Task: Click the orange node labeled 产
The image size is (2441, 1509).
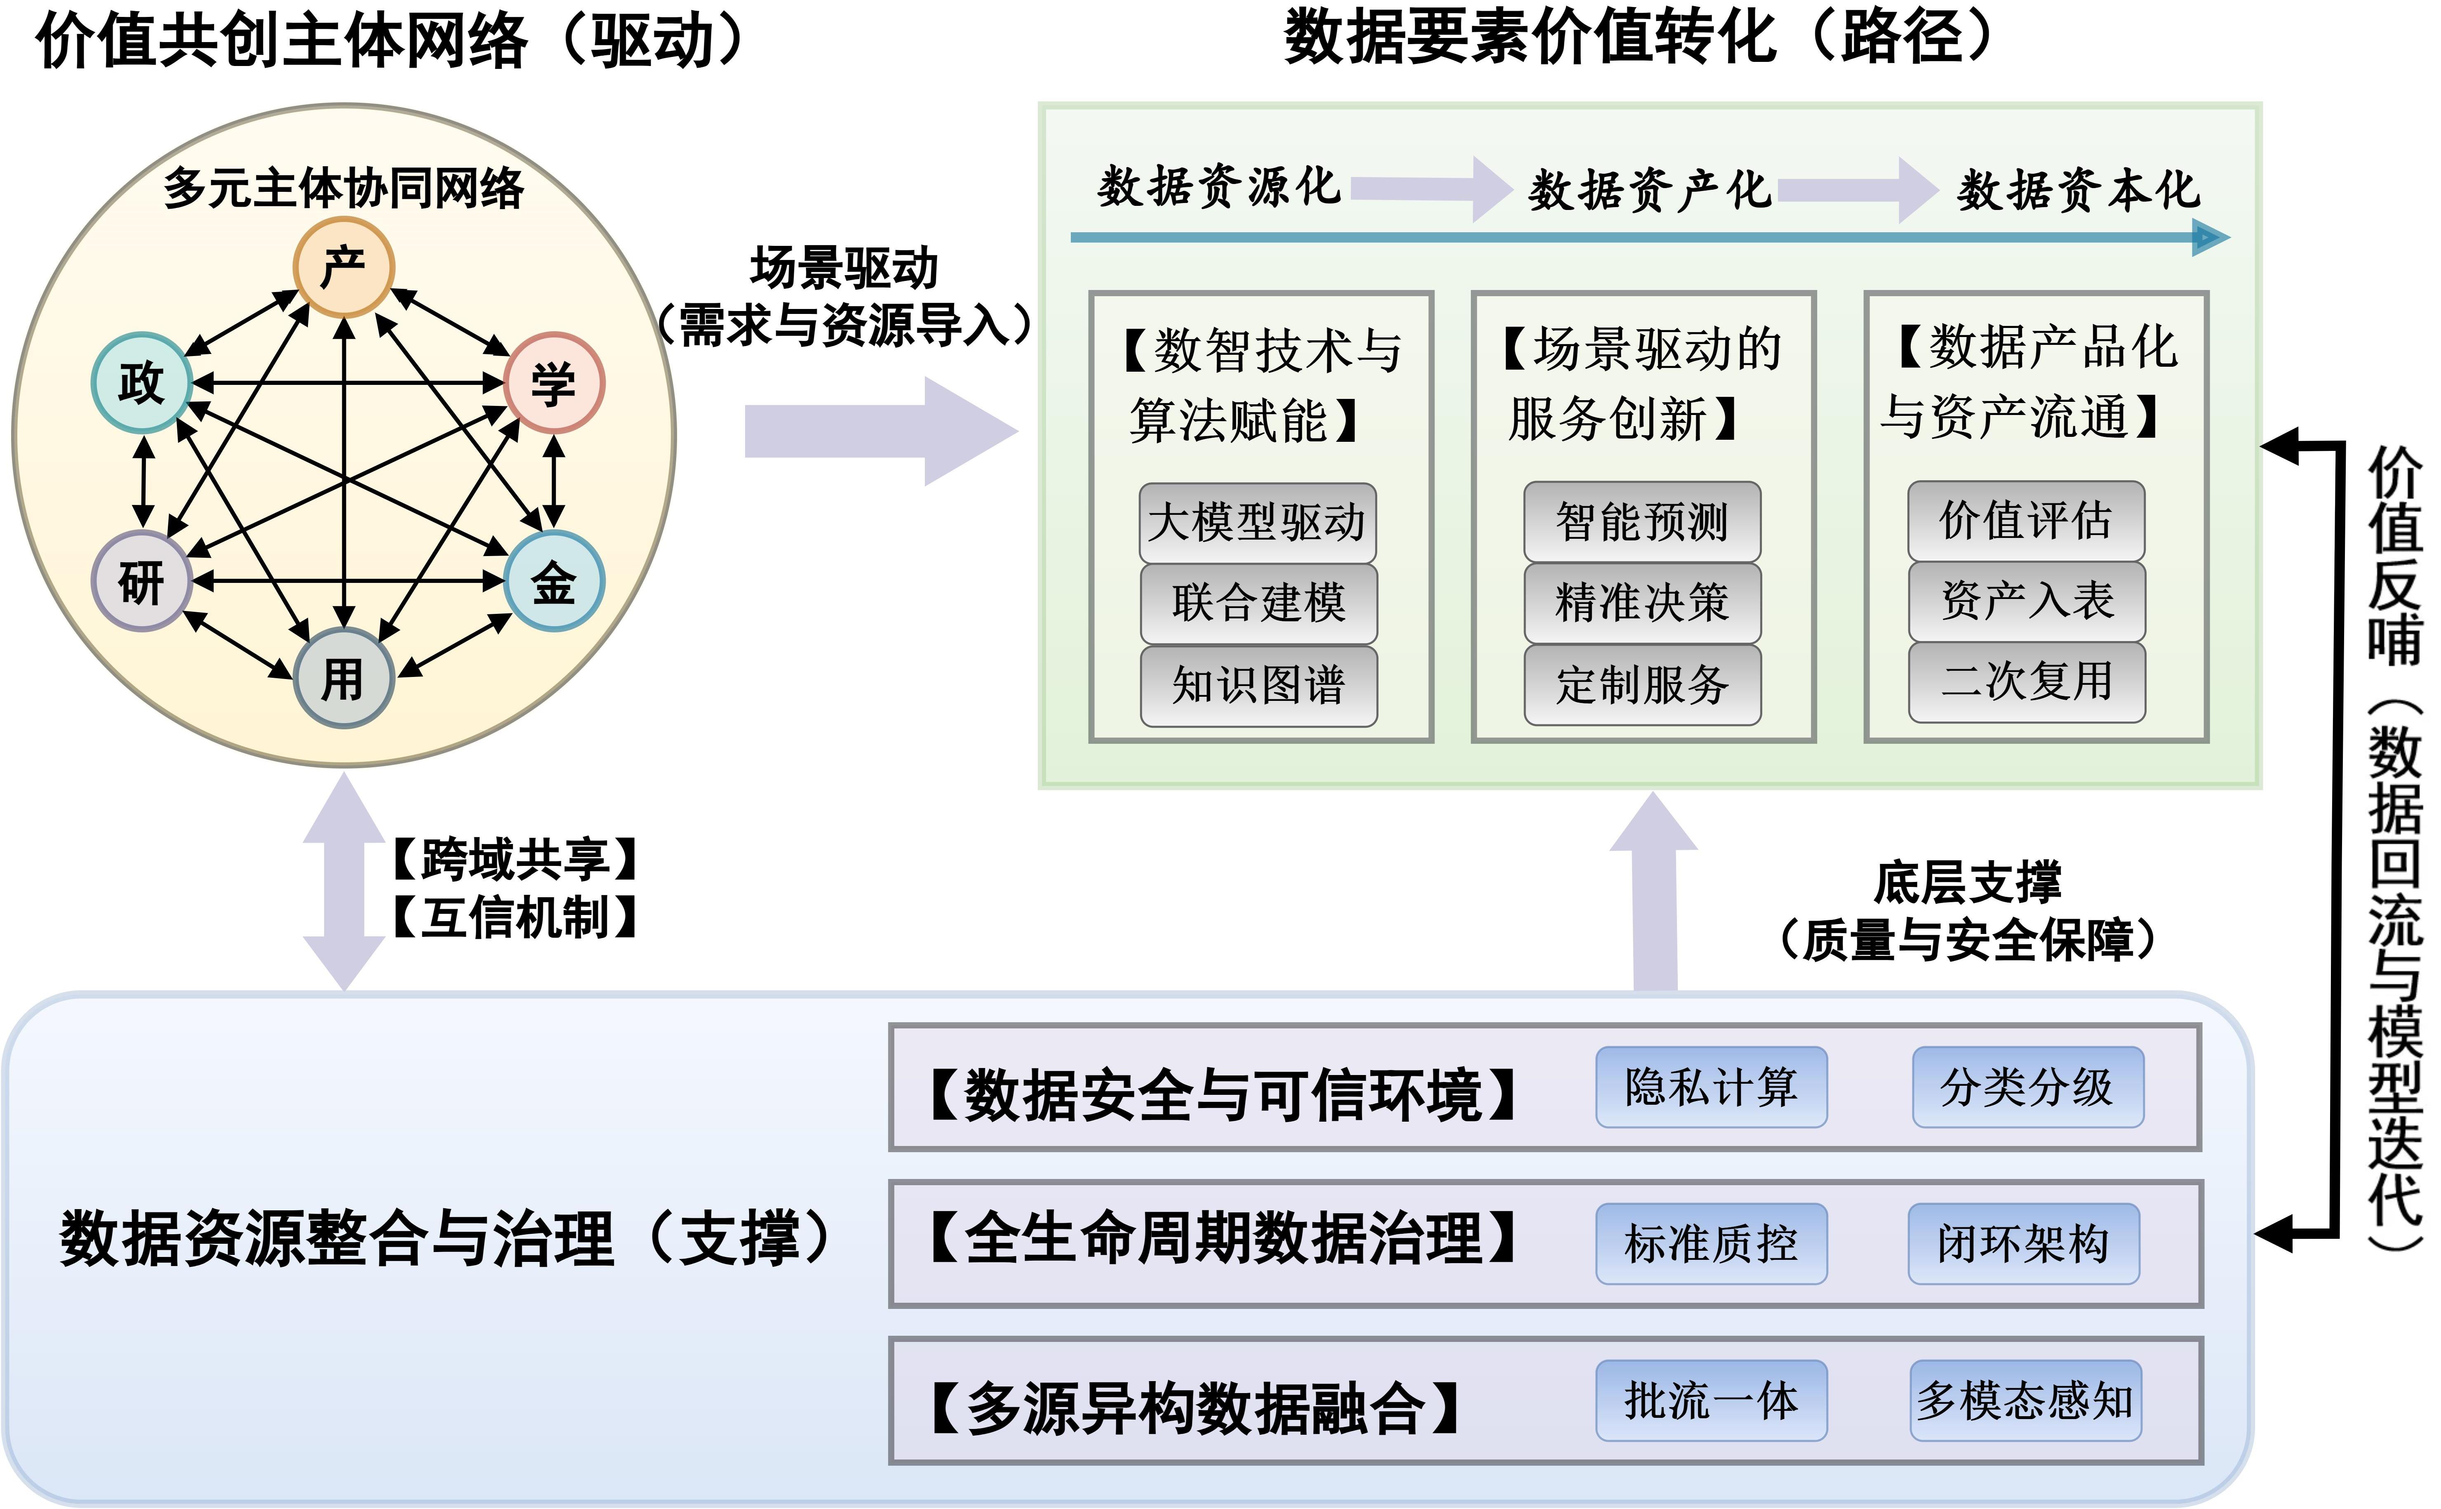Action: point(344,266)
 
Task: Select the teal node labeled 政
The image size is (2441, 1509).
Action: point(142,382)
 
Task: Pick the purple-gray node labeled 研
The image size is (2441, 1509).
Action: point(142,581)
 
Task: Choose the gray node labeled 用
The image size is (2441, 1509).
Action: point(344,678)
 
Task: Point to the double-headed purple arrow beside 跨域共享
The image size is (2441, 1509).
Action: point(344,881)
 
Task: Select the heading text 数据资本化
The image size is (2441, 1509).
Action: point(2078,190)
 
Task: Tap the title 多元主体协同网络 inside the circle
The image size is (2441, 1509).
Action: point(344,188)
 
